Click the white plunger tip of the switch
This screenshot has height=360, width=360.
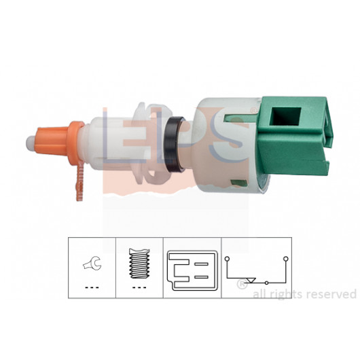(30, 143)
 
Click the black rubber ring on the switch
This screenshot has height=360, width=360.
(175, 145)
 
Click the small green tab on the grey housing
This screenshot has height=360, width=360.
(239, 183)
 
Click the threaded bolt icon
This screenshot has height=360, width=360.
(139, 264)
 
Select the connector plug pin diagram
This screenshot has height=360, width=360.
(192, 270)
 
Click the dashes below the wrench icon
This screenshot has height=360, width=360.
(92, 287)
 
